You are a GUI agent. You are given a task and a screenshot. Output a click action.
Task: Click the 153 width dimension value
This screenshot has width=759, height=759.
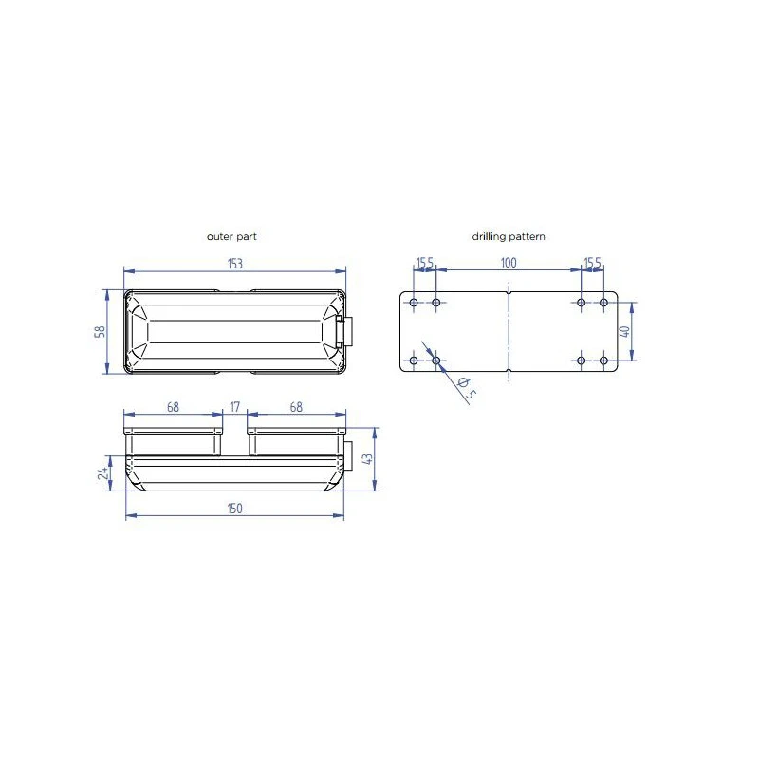point(234,264)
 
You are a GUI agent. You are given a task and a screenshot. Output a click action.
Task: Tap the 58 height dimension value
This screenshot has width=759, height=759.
point(100,331)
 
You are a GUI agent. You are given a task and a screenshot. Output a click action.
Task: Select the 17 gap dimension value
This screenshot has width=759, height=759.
point(234,407)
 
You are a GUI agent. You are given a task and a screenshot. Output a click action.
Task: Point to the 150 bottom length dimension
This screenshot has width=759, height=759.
point(234,509)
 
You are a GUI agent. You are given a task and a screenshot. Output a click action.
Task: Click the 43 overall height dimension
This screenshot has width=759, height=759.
point(367,458)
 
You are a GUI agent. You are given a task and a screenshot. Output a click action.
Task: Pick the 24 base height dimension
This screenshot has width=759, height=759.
point(102,472)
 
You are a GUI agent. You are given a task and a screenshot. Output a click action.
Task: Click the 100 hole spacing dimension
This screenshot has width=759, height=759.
point(509,263)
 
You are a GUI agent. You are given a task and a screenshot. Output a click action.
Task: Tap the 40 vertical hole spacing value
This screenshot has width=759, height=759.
point(624,331)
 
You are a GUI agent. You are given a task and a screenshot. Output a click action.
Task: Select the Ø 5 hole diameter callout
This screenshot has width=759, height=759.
point(466,389)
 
